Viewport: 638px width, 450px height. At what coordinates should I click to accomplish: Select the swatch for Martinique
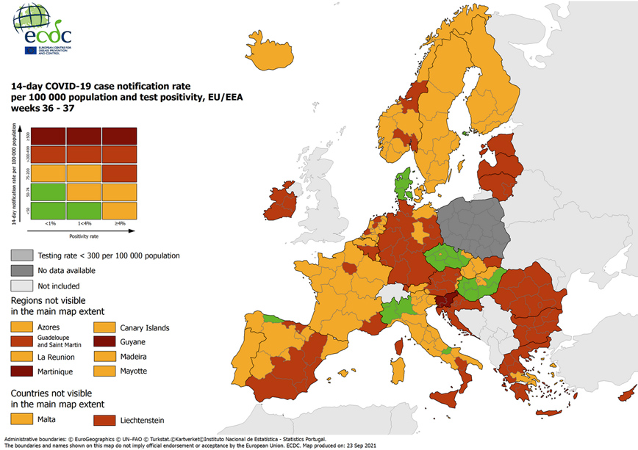pyautogui.click(x=24, y=371)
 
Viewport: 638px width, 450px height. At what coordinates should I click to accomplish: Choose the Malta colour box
pyautogui.click(x=24, y=420)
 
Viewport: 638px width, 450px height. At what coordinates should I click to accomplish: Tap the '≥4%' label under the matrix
pyautogui.click(x=118, y=223)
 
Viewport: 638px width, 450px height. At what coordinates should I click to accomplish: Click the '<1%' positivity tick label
pyautogui.click(x=50, y=223)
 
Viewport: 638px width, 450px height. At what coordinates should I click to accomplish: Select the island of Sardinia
pyautogui.click(x=398, y=366)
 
